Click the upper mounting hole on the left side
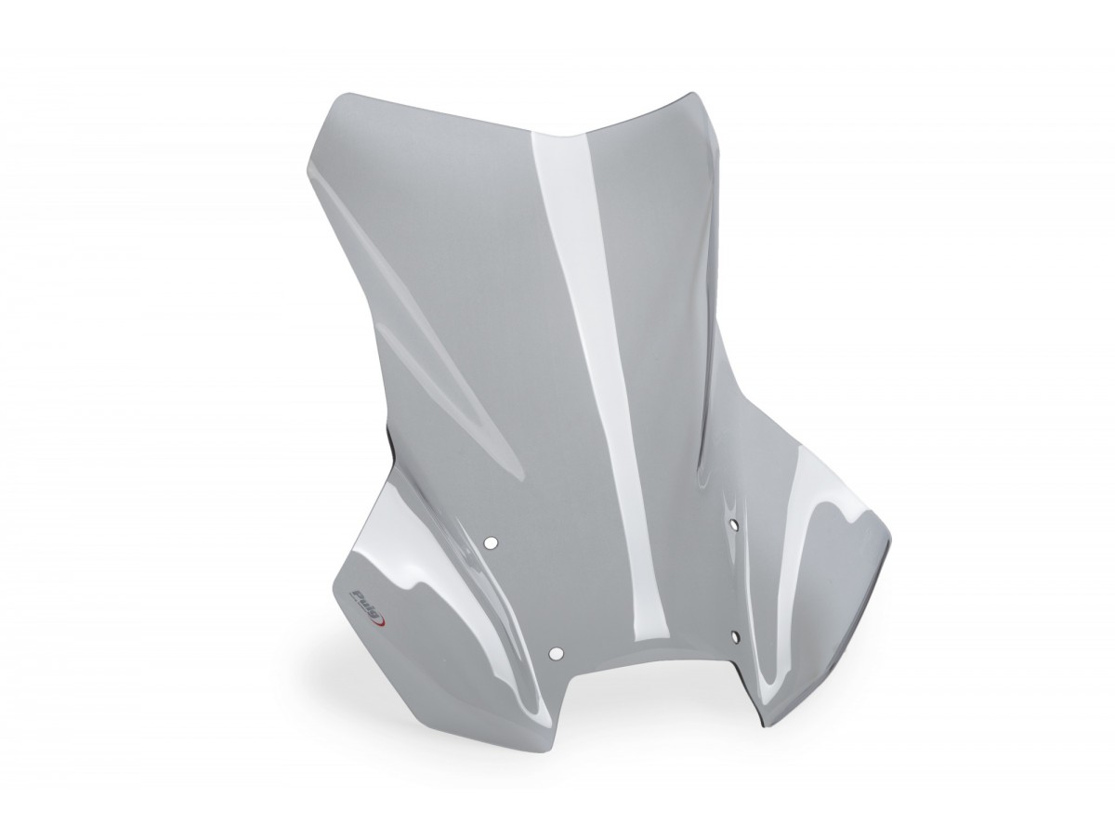click(x=491, y=542)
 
